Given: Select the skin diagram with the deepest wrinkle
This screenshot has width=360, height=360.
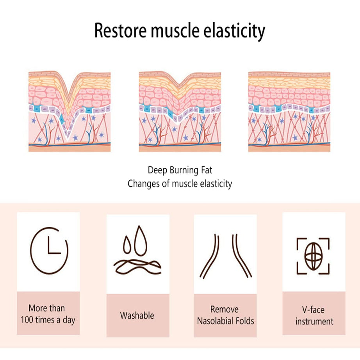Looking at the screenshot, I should point(70,111).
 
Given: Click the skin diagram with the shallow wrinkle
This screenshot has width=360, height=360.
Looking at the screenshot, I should point(180,111).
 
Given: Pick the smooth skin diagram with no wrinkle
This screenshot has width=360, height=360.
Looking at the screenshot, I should point(289,111).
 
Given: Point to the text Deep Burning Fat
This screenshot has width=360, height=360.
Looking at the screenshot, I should point(180,170).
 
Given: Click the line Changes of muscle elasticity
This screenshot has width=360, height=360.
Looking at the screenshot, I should point(180,184).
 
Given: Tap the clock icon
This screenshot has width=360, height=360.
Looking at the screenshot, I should point(48,250).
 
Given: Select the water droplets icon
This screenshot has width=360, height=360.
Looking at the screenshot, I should point(137,252).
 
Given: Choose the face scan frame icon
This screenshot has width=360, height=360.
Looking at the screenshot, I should point(313,256).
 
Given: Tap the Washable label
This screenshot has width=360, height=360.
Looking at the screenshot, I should point(137,315).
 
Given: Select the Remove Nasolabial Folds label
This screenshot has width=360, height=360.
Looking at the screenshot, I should point(225,315).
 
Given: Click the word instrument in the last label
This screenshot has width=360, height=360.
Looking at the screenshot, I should point(314,321).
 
